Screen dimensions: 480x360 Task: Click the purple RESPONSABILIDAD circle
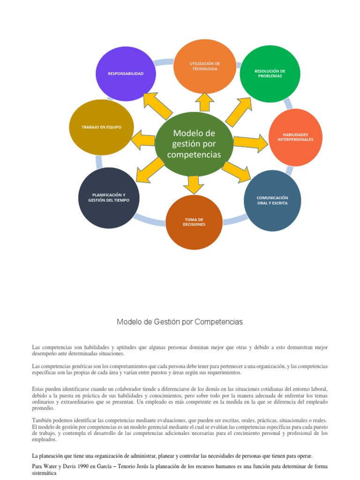[x=126, y=74]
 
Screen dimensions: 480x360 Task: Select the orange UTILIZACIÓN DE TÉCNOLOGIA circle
[x=204, y=66]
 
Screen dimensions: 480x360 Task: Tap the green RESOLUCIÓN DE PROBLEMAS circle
[x=270, y=74]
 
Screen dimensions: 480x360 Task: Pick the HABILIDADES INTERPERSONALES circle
[x=295, y=137]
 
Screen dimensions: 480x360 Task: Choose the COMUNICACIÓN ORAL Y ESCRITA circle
[x=272, y=201]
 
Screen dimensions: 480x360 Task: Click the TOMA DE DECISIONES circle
[x=194, y=222]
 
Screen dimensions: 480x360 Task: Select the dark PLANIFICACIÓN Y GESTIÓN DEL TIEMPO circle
[x=109, y=198]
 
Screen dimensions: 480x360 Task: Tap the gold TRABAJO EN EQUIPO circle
[x=101, y=127]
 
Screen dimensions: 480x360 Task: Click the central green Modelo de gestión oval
[x=194, y=144]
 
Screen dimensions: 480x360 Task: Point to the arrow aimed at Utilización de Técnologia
[x=204, y=101]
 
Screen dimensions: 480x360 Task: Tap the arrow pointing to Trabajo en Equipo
[x=143, y=140]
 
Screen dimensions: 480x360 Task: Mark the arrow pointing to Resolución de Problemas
[x=239, y=112]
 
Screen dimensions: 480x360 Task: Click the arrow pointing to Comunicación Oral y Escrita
[x=237, y=172]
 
